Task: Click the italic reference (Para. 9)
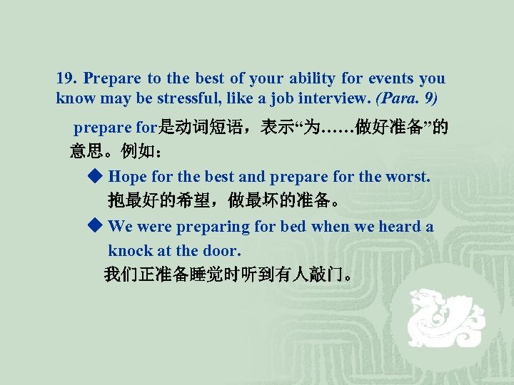(411, 98)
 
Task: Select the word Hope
(126, 176)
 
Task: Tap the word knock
(128, 250)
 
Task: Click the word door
(223, 250)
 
